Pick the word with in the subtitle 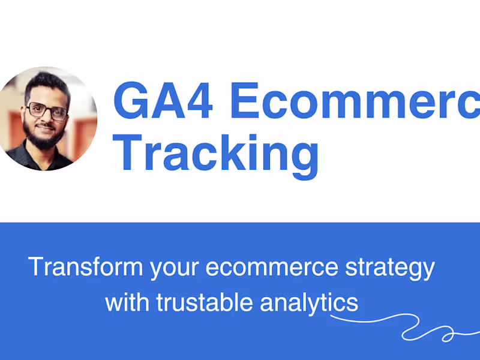[128, 302]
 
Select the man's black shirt [42, 159]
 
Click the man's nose [47, 119]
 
